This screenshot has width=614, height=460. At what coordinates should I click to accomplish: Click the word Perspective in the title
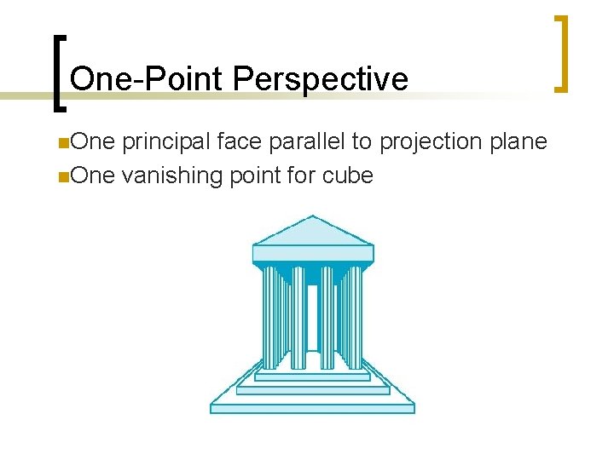click(x=320, y=79)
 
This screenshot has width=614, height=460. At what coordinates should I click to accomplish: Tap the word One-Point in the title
click(x=148, y=79)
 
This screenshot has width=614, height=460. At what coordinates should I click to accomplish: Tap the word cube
click(x=348, y=176)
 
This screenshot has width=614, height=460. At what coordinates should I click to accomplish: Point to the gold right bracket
click(x=561, y=53)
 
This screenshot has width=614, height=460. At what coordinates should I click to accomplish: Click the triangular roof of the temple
click(x=313, y=232)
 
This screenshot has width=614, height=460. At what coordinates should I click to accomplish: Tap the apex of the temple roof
click(x=313, y=217)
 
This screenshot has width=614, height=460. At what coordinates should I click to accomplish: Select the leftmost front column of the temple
click(x=271, y=315)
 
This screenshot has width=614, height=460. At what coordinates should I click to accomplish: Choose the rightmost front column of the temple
click(x=355, y=315)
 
